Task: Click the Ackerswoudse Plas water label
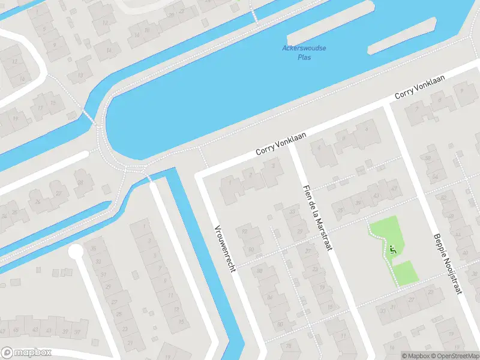click(x=304, y=53)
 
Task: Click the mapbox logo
click(x=26, y=353)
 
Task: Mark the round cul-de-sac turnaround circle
click(x=76, y=253)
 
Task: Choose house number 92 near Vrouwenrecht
click(x=244, y=231)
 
